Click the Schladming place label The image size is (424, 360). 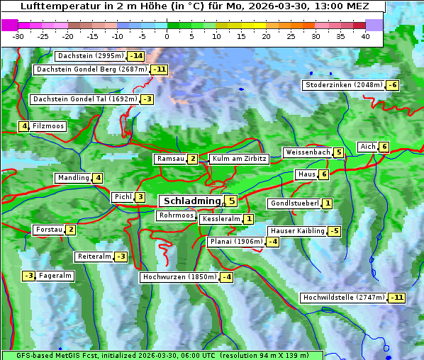pyautogui.click(x=191, y=201)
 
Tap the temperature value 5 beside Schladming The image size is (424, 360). pyautogui.click(x=231, y=201)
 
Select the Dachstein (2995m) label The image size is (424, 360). pyautogui.click(x=90, y=56)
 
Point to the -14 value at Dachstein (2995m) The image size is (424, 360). pyautogui.click(x=135, y=56)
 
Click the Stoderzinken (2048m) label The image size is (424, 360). pyautogui.click(x=343, y=85)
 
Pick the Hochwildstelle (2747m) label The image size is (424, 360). pyautogui.click(x=344, y=298)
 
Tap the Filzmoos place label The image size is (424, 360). pyautogui.click(x=48, y=126)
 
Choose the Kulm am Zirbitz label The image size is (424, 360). pyautogui.click(x=239, y=159)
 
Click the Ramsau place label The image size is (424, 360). pyautogui.click(x=170, y=159)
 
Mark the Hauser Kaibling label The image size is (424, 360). pyautogui.click(x=297, y=231)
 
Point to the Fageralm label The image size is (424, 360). pyautogui.click(x=55, y=276)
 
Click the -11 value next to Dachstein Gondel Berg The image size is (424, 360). pyautogui.click(x=159, y=69)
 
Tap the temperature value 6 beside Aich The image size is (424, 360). pyautogui.click(x=384, y=147)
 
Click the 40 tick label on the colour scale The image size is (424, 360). pyautogui.click(x=365, y=36)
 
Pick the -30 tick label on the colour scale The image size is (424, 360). pyautogui.click(x=18, y=36)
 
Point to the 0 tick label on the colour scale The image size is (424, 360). pyautogui.click(x=167, y=36)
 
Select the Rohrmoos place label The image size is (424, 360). pyautogui.click(x=176, y=215)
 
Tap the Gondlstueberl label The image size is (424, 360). pyautogui.click(x=294, y=204)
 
